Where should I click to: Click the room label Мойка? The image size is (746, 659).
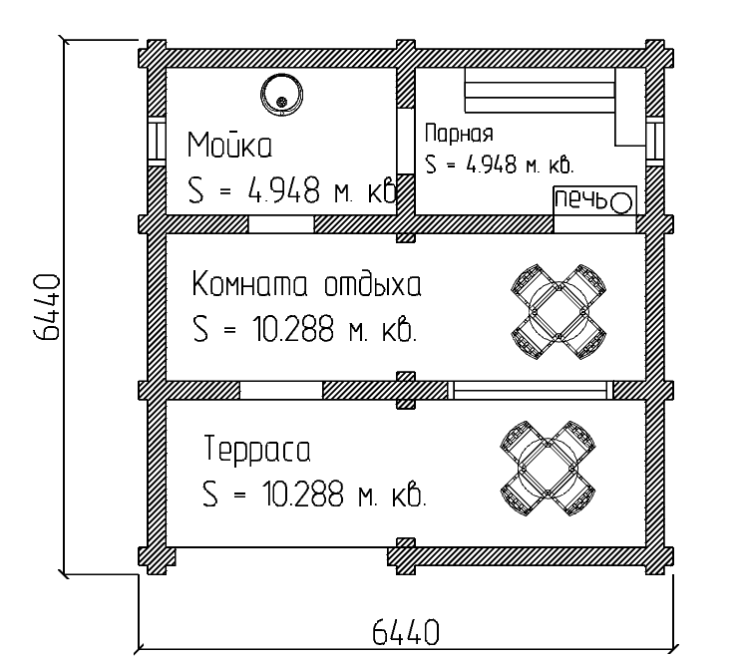click(x=229, y=144)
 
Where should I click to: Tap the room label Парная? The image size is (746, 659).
click(x=459, y=134)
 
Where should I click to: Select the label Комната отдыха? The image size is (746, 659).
click(x=307, y=283)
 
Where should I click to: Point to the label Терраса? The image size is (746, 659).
click(x=257, y=449)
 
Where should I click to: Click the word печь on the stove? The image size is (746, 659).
click(x=581, y=199)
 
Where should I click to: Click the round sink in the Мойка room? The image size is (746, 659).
click(x=281, y=95)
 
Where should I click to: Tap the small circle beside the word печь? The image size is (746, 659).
click(x=621, y=203)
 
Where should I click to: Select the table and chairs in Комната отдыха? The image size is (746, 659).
click(x=559, y=312)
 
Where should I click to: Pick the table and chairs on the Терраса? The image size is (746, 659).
click(x=548, y=469)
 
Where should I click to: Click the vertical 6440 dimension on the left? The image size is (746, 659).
click(x=48, y=307)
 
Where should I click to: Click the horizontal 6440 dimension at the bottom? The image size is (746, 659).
click(x=405, y=632)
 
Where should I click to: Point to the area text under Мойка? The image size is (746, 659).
click(x=292, y=189)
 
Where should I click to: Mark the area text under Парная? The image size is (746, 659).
click(x=500, y=165)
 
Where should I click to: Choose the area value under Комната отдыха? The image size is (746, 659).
click(x=305, y=328)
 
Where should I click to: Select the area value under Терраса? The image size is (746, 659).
click(x=314, y=494)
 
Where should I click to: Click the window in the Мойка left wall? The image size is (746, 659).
click(x=156, y=142)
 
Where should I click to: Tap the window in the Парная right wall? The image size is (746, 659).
click(x=654, y=142)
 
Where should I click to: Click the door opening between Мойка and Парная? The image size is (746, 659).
click(x=406, y=142)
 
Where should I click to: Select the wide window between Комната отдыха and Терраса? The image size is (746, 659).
click(x=530, y=390)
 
